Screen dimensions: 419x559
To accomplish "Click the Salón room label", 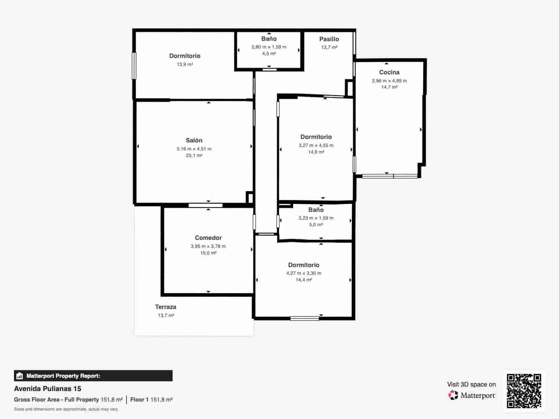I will (194, 140).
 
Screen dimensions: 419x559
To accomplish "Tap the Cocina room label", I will (389, 72).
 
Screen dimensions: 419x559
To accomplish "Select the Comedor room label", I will (208, 238).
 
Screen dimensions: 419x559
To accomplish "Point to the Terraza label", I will (166, 307).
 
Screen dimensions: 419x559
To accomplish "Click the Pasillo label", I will (329, 39).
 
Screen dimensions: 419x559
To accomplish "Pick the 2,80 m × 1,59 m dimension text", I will (269, 47).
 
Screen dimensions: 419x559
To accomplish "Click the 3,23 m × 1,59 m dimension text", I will (316, 218).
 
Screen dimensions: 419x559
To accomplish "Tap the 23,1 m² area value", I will (194, 155).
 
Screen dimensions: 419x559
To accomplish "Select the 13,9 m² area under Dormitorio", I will (185, 64).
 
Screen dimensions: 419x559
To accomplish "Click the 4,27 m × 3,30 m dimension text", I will (304, 273).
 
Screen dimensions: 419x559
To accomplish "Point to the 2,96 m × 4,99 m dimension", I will (389, 81).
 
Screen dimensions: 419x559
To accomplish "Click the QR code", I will (524, 391).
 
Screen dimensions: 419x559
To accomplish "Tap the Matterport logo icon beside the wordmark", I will (453, 395).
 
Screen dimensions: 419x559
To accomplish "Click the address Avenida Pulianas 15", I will (48, 389).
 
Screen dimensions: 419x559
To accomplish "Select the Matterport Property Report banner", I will (93, 376).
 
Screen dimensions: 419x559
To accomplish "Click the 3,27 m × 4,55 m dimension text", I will (316, 145).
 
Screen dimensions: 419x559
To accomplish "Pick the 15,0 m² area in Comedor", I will (208, 253).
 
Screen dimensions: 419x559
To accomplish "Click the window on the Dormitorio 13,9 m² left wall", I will (134, 66).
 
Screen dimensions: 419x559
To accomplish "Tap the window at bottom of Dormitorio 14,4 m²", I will (305, 318).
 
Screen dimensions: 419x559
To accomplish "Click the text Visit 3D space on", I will (471, 384).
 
